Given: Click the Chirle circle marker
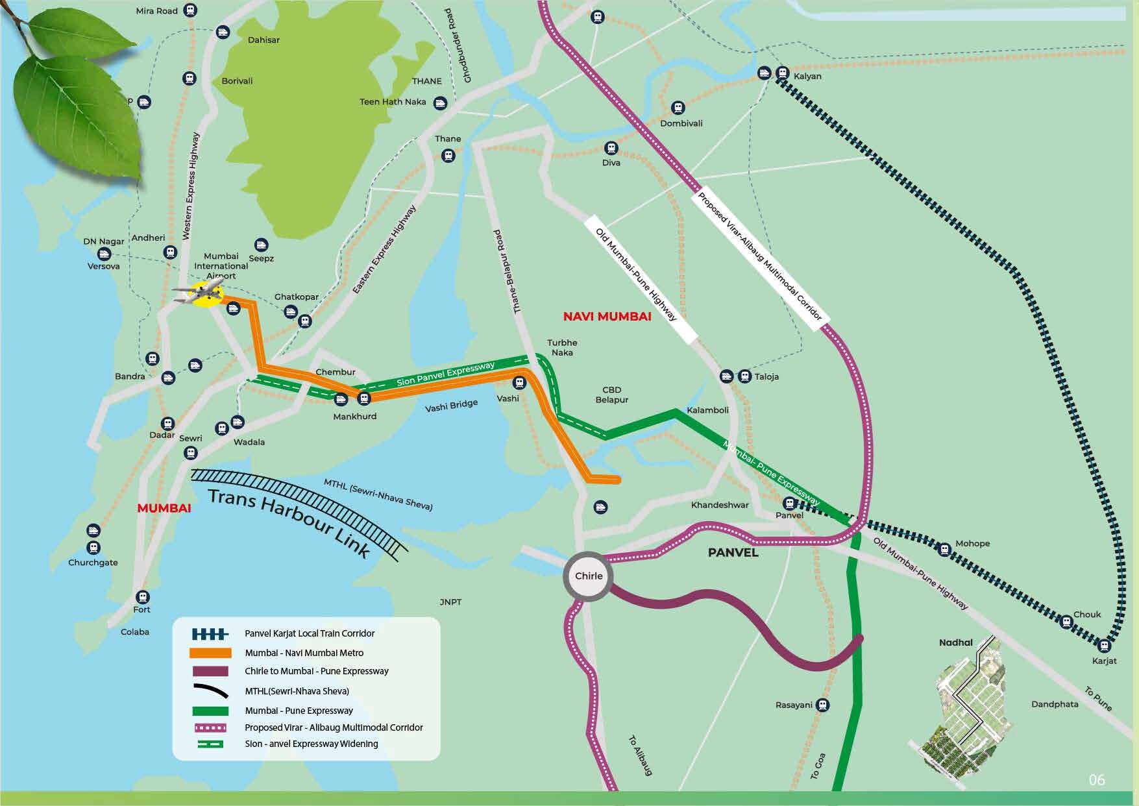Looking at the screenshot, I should (588, 576).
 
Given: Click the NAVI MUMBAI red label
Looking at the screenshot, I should (607, 317).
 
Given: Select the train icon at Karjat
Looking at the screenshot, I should (1103, 646).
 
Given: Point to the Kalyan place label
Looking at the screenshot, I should (807, 77).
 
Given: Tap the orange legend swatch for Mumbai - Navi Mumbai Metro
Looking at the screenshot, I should (210, 653).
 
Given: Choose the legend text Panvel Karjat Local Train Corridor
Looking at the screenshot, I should (310, 633).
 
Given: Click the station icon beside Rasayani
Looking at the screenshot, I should (822, 704).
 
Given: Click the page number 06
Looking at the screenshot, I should (1096, 779).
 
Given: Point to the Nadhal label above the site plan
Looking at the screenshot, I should (955, 642).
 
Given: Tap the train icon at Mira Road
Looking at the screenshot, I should (190, 10).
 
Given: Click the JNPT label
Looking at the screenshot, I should (450, 602).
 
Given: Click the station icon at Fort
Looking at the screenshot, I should (142, 596).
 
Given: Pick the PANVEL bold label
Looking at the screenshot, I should (733, 553).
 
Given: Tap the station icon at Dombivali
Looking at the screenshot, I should (678, 107).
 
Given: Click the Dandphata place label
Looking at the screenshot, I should (1055, 704).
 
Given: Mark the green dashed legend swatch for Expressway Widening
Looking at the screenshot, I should (210, 744).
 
